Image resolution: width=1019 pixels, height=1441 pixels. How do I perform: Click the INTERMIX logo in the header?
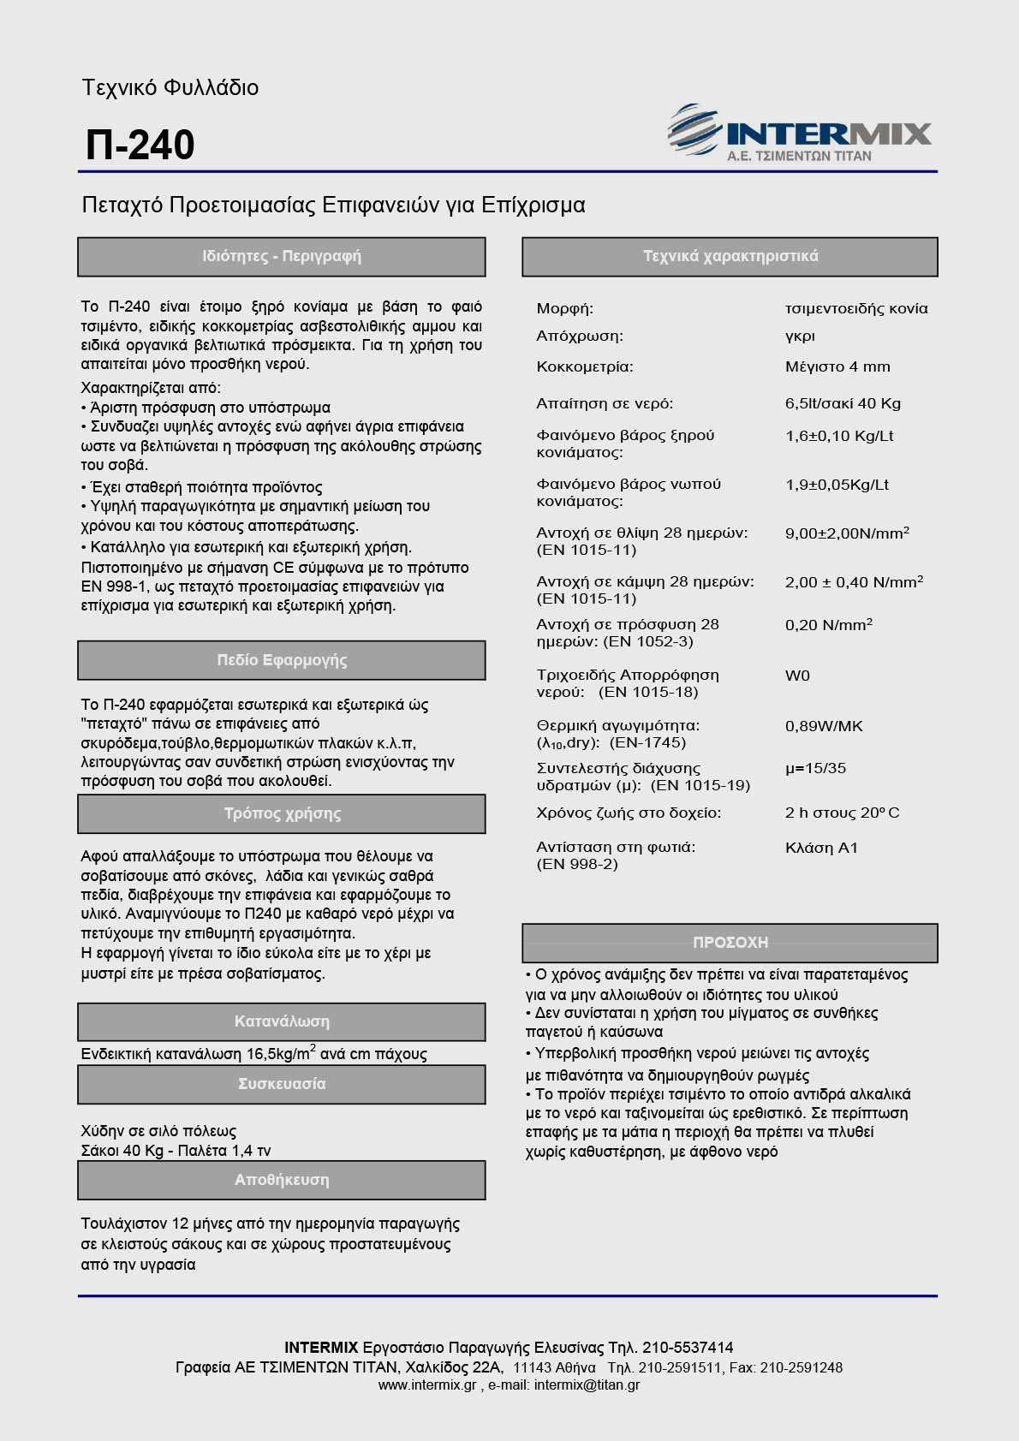click(x=800, y=134)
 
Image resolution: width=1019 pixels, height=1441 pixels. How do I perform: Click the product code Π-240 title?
click(x=140, y=145)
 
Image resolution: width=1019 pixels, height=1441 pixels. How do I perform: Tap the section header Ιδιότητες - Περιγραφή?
click(x=281, y=256)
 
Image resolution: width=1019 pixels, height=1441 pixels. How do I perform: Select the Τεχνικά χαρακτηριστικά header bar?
click(x=730, y=256)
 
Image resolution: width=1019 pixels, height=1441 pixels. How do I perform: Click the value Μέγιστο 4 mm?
click(x=837, y=366)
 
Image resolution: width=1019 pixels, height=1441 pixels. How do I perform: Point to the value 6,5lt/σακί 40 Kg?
click(x=843, y=403)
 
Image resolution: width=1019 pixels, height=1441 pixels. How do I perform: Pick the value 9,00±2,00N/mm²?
click(x=846, y=533)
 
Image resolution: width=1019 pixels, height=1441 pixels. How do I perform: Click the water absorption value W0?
click(x=797, y=676)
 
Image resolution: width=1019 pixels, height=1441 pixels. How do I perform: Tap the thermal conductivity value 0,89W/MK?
click(x=824, y=726)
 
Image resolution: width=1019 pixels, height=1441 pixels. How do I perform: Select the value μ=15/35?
click(x=815, y=768)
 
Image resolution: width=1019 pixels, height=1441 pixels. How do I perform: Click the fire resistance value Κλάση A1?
click(x=821, y=848)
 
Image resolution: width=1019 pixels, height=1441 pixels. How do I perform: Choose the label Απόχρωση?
click(x=580, y=336)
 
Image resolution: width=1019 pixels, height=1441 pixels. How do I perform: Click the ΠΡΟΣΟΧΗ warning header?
click(x=730, y=943)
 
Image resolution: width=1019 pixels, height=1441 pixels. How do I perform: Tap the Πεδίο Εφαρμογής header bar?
click(x=281, y=660)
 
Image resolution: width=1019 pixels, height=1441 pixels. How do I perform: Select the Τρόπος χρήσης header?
click(x=281, y=813)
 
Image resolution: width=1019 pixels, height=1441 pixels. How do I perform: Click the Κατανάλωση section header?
click(x=281, y=1021)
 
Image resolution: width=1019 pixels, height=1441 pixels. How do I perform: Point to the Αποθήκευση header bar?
click(x=281, y=1180)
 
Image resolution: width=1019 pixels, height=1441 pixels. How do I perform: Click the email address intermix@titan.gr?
click(x=587, y=1384)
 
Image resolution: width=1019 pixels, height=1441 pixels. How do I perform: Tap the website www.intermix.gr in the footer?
click(x=427, y=1384)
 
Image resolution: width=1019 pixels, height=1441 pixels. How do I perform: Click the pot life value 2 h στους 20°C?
click(x=842, y=813)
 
